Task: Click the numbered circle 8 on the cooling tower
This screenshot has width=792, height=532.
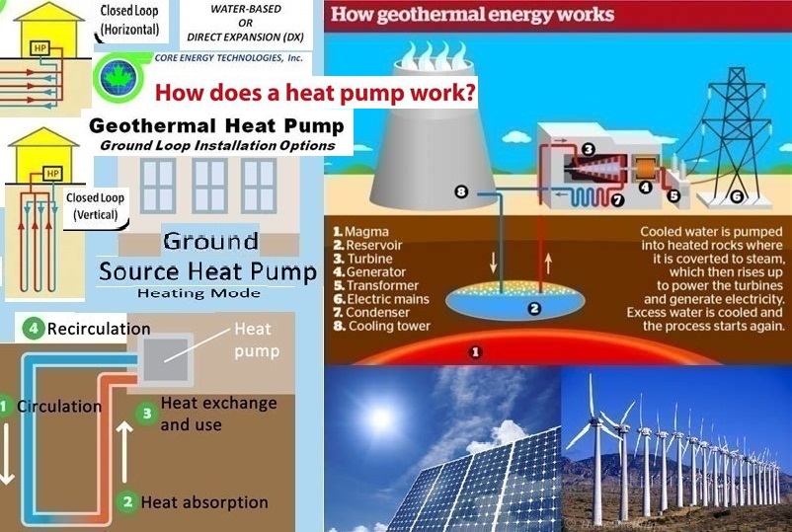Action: pyautogui.click(x=461, y=191)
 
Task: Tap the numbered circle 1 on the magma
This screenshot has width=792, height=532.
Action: pyautogui.click(x=475, y=351)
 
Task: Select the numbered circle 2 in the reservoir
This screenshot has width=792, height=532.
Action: pyautogui.click(x=534, y=308)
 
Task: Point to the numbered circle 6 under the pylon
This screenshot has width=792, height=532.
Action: pyautogui.click(x=737, y=196)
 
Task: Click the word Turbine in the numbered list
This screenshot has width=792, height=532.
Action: pyautogui.click(x=369, y=259)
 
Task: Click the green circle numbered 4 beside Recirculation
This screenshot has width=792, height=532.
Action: pyautogui.click(x=34, y=329)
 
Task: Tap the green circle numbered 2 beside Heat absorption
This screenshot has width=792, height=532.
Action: pyautogui.click(x=127, y=501)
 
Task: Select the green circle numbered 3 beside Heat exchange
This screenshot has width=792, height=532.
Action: pyautogui.click(x=147, y=414)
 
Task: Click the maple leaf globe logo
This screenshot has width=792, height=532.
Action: pyautogui.click(x=119, y=77)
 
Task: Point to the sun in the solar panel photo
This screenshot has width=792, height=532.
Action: pyautogui.click(x=380, y=418)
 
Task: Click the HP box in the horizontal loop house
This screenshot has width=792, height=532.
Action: pyautogui.click(x=40, y=48)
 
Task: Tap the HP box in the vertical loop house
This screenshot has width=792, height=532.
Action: pyautogui.click(x=52, y=173)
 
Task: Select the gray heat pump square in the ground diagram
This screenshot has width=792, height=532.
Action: pyautogui.click(x=166, y=359)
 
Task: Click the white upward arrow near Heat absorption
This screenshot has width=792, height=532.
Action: pyautogui.click(x=124, y=452)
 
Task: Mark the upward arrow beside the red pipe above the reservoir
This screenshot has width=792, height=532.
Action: pyautogui.click(x=548, y=264)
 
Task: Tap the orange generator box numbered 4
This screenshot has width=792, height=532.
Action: pyautogui.click(x=645, y=169)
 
